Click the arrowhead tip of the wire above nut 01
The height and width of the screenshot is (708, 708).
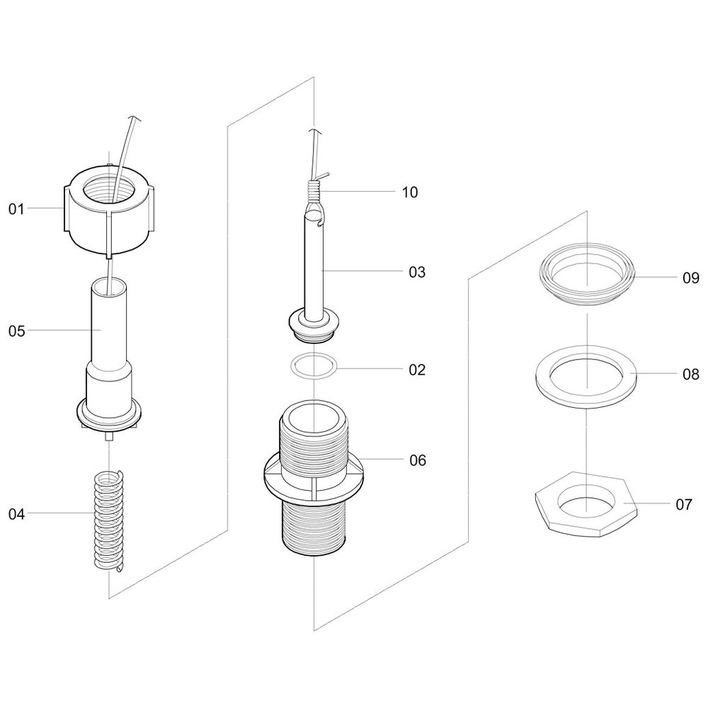click(x=133, y=115)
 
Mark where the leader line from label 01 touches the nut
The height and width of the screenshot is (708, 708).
click(x=63, y=208)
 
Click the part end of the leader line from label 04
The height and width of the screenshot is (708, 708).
click(x=94, y=513)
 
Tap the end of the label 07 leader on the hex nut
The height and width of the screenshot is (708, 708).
click(x=624, y=503)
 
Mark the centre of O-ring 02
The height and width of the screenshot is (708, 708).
click(x=314, y=365)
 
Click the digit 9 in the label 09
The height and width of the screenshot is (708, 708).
click(x=695, y=278)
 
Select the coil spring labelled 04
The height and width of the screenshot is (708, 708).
click(x=108, y=521)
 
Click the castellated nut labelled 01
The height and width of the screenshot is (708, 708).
click(x=108, y=210)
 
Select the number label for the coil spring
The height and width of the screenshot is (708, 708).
click(x=17, y=514)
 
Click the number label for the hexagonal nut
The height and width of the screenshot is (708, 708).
click(x=684, y=504)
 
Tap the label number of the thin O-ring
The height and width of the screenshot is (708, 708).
click(x=417, y=370)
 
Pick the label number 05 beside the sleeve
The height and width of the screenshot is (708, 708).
click(x=17, y=331)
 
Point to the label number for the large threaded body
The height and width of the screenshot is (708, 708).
click(x=418, y=460)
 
